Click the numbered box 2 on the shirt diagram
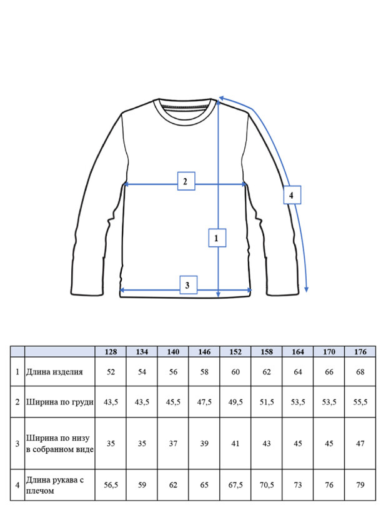(x=186, y=181)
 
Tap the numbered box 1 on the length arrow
(x=217, y=237)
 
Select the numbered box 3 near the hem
(x=189, y=285)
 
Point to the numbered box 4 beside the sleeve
(x=292, y=195)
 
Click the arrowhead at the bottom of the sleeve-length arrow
(x=306, y=289)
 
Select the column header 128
(x=111, y=352)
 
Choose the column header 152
(x=235, y=352)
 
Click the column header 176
(x=360, y=352)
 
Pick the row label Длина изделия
(x=54, y=372)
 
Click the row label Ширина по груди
(x=60, y=402)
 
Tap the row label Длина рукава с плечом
(x=55, y=485)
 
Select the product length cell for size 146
(x=204, y=372)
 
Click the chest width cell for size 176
(x=360, y=402)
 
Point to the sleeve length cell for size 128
(x=111, y=485)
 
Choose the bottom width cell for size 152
(x=235, y=443)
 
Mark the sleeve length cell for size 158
(x=267, y=485)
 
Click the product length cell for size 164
(x=298, y=372)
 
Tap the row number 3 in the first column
(x=17, y=444)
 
